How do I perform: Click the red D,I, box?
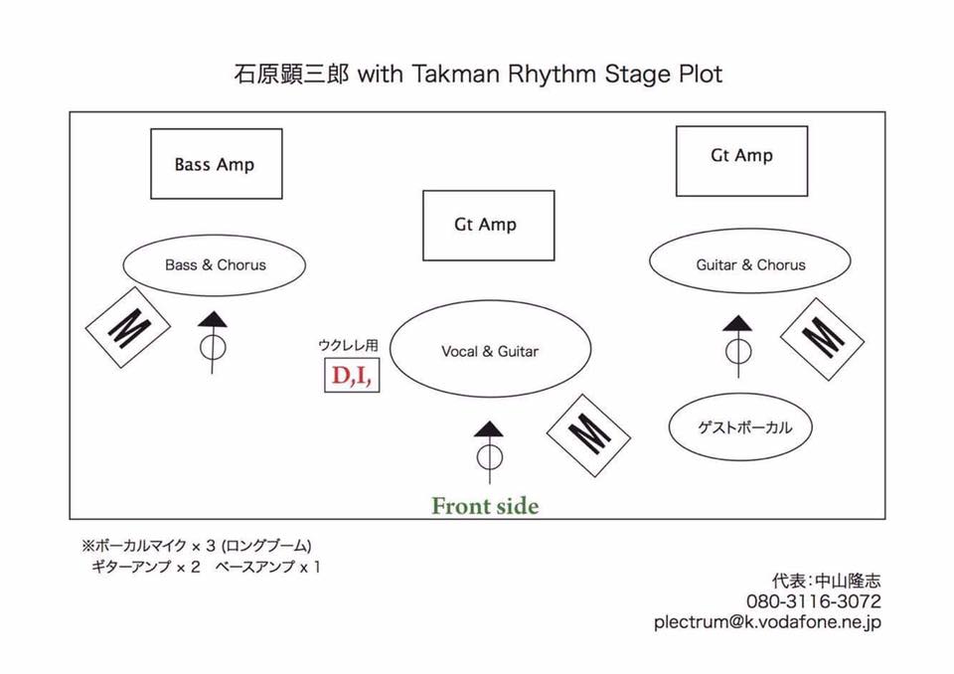tap(352, 375)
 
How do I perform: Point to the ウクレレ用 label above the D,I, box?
tap(348, 345)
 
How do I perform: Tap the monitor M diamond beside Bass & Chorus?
tap(128, 328)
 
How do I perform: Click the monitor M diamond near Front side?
tap(588, 435)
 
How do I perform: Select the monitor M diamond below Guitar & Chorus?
tap(822, 339)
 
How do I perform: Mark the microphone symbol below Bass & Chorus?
tap(213, 342)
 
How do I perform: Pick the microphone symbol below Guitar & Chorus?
tap(738, 346)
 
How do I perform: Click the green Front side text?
tap(485, 505)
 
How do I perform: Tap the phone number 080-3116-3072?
tap(814, 601)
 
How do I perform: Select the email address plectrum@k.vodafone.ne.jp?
tap(767, 622)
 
